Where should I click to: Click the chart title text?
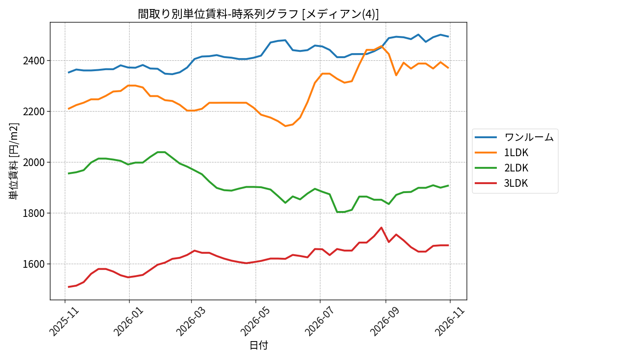[x=258, y=14]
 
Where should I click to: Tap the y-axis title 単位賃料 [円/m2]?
[x=13, y=161]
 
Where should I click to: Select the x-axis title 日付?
[x=259, y=345]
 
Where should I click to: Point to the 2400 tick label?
[x=34, y=61]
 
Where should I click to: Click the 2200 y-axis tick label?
[x=34, y=112]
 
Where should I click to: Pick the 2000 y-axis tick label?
[x=34, y=162]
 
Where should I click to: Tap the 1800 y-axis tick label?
[x=34, y=213]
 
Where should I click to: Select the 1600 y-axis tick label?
[x=34, y=265]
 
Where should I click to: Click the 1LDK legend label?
[x=516, y=153]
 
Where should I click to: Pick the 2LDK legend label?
[x=516, y=168]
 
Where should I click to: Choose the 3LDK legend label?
[x=516, y=183]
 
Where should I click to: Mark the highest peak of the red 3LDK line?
[x=382, y=228]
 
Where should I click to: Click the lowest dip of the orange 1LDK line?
[x=285, y=126]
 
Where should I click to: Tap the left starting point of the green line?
[x=68, y=174]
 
